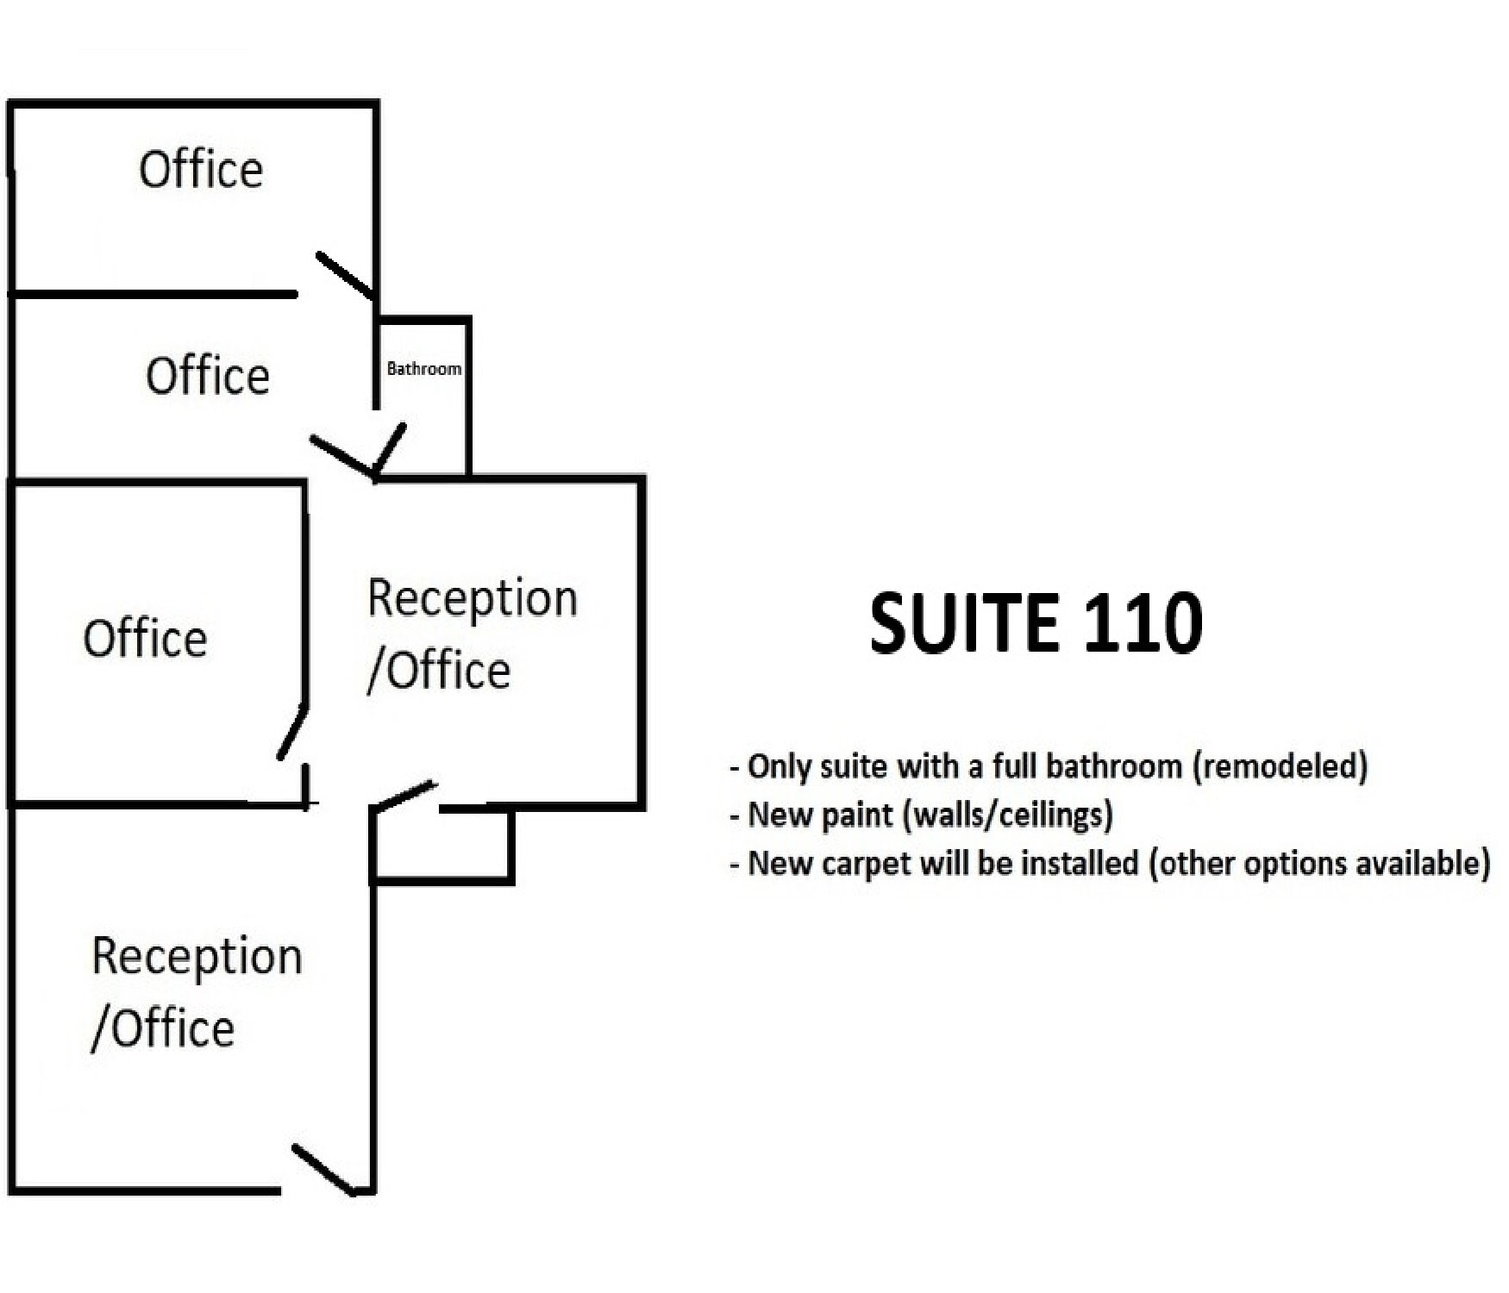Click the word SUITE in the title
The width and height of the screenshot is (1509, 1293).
[x=964, y=622]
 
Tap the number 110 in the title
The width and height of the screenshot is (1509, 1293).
[x=1143, y=622]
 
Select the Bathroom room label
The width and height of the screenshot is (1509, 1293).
[x=424, y=369]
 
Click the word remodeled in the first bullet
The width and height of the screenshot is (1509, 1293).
[x=1280, y=766]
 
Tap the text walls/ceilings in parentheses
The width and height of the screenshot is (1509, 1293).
[x=1007, y=815]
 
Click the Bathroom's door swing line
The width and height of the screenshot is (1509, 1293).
[x=390, y=448]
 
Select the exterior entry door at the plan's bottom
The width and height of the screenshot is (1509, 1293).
[x=323, y=1170]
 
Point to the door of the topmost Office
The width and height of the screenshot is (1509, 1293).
[x=346, y=276]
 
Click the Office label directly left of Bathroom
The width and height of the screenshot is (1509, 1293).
[x=208, y=377]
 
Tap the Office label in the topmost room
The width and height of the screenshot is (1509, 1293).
[x=201, y=170]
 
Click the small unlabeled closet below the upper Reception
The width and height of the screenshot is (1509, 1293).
[x=442, y=846]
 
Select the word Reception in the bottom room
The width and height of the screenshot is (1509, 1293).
[x=197, y=959]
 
